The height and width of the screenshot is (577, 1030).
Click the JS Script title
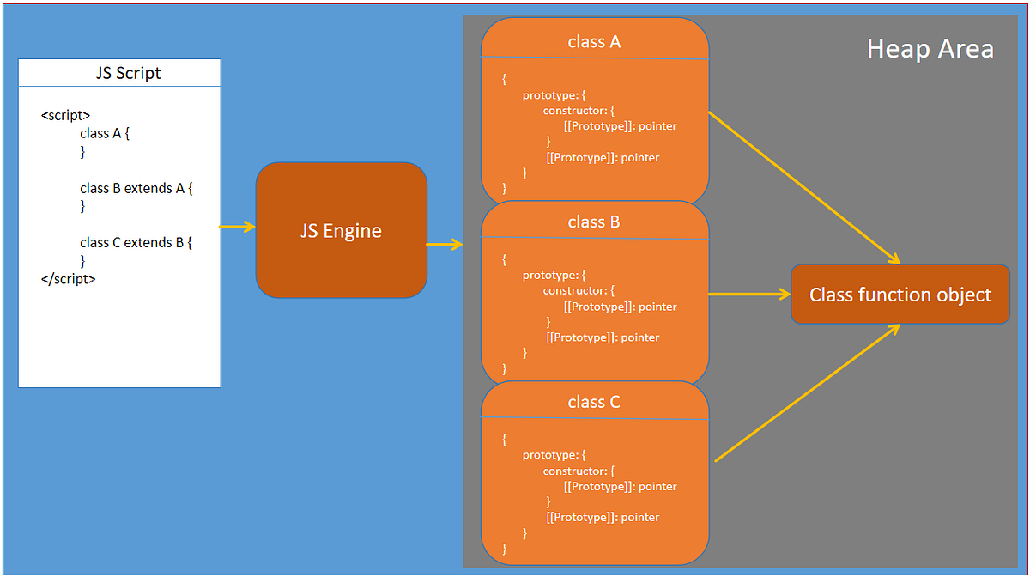128,73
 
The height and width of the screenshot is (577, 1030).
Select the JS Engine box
341,230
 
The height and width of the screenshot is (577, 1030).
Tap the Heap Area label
930,49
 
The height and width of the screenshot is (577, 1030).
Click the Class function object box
900,295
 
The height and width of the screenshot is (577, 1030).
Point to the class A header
594,41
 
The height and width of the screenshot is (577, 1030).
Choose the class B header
594,222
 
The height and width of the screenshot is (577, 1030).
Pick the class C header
594,402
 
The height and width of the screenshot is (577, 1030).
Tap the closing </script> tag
69,279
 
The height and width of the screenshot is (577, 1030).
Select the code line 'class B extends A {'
136,188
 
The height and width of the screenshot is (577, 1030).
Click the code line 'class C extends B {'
136,243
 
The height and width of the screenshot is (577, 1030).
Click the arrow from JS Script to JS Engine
238,227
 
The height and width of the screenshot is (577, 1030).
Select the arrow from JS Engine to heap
445,245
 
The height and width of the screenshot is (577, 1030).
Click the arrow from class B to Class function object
748,295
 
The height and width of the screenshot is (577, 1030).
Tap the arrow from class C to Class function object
807,393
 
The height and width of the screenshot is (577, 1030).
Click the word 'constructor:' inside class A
579,111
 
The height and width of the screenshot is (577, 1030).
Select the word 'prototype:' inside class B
554,275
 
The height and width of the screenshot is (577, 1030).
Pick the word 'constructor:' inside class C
579,471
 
